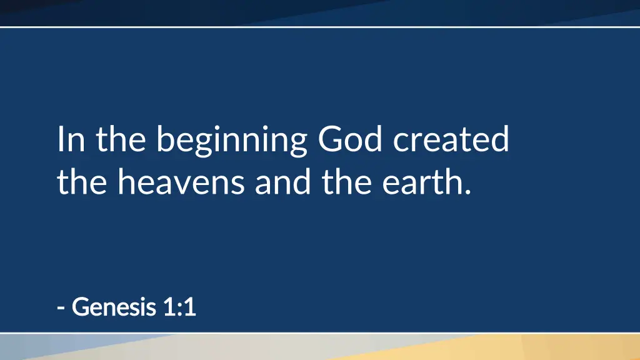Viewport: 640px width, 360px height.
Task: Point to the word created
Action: click(x=451, y=139)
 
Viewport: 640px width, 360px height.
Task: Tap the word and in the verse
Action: click(x=283, y=182)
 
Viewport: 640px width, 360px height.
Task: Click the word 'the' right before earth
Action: click(x=346, y=182)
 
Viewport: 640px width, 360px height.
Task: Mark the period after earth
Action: click(x=467, y=191)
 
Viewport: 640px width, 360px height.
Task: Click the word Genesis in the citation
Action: click(x=114, y=307)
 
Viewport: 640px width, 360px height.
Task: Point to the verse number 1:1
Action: click(x=180, y=307)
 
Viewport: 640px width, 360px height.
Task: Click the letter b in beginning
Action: click(x=166, y=139)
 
